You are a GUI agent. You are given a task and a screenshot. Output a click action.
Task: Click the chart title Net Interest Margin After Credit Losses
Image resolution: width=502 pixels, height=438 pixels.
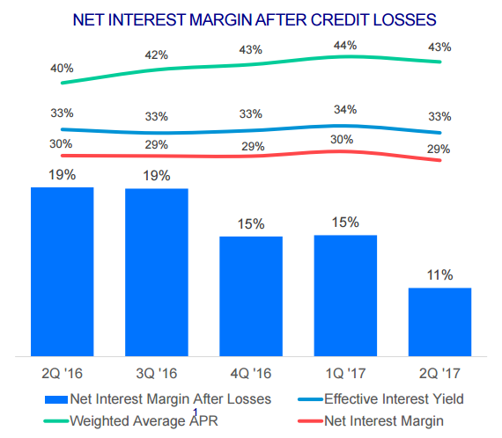pos(255,18)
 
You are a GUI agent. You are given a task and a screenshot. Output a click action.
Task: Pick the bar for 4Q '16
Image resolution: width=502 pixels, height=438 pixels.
pos(251,296)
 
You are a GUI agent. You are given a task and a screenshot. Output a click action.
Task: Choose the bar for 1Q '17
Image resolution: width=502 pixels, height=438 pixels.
pos(345,296)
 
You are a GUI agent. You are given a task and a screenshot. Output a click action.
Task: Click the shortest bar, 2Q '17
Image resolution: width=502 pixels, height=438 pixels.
pos(439,322)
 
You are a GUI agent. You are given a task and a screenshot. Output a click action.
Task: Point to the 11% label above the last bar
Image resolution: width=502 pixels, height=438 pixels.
pos(440,275)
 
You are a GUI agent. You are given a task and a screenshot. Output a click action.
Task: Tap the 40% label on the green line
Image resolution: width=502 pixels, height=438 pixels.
pos(62,68)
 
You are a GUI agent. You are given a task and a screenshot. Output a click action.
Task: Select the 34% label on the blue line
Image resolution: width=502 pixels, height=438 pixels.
pos(345,110)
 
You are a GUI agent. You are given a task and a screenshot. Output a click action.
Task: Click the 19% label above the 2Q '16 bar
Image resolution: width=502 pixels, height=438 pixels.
pos(62,174)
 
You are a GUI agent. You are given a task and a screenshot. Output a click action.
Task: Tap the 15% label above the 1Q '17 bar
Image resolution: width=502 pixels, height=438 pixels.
pos(345,223)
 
